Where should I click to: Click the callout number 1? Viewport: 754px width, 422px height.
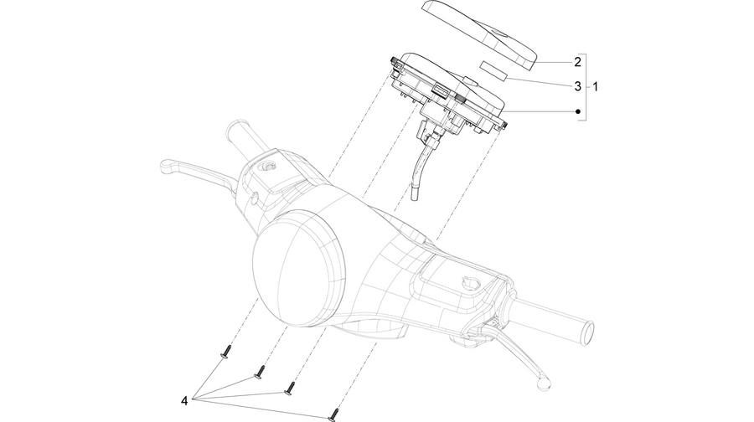tap(596, 87)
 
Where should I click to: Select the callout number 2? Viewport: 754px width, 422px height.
tap(577, 61)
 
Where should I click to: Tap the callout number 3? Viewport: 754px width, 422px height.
tap(577, 86)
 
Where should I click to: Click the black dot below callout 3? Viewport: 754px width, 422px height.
tap(578, 111)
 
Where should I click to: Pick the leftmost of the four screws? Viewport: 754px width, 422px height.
tap(226, 352)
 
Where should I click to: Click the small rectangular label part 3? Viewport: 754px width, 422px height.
tap(493, 69)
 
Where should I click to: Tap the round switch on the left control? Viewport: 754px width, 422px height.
tap(265, 167)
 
